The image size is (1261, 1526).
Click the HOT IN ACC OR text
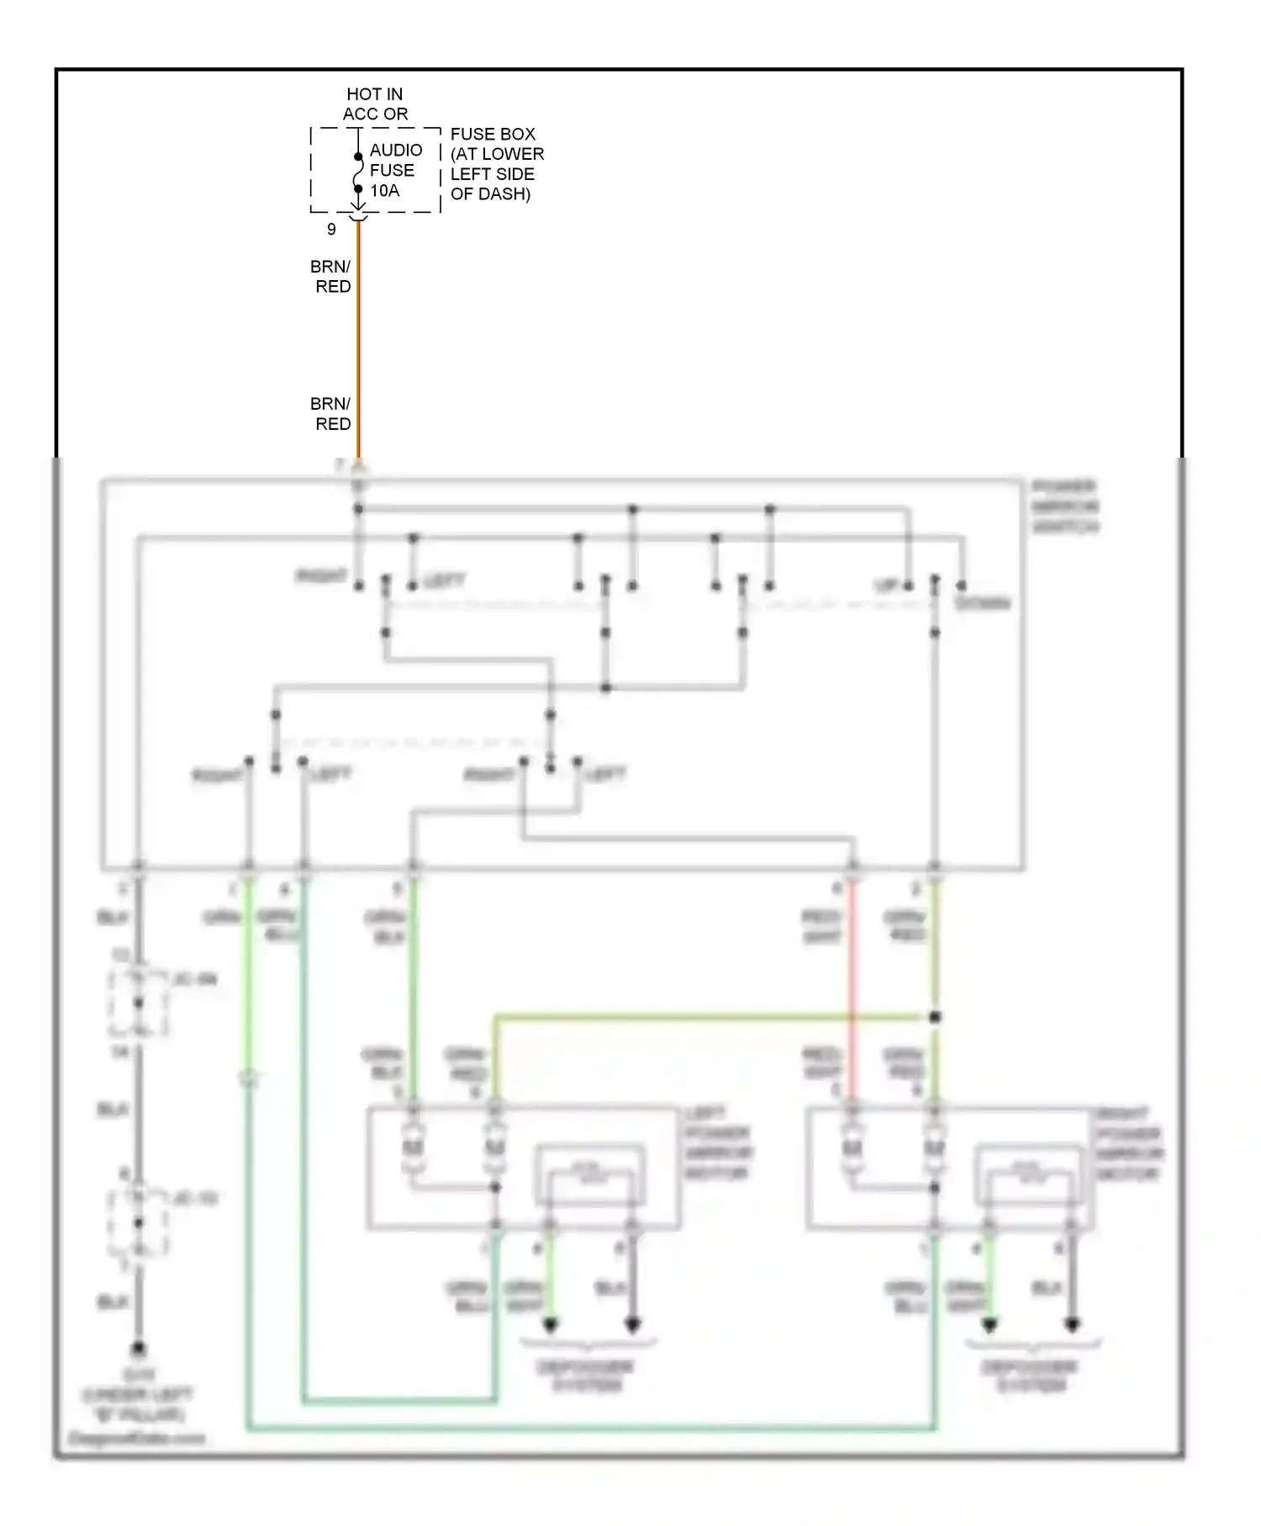pyautogui.click(x=375, y=104)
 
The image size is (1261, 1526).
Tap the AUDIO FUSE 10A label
pyautogui.click(x=395, y=170)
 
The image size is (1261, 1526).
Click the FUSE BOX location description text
pyautogui.click(x=496, y=164)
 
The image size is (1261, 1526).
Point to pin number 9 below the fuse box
pyautogui.click(x=331, y=230)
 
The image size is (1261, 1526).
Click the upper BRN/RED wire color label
pyautogui.click(x=330, y=277)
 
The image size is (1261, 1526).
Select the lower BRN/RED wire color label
pyautogui.click(x=330, y=414)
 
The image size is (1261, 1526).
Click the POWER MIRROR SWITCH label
pyautogui.click(x=1065, y=507)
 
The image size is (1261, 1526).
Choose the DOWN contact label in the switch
pyautogui.click(x=982, y=603)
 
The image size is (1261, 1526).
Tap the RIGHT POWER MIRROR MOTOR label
pyautogui.click(x=1129, y=1143)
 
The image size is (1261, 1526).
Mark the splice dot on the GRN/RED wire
pyautogui.click(x=935, y=1017)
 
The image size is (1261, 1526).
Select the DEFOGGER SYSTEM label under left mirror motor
pyautogui.click(x=587, y=1376)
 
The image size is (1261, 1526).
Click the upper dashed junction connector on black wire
pyautogui.click(x=138, y=1003)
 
